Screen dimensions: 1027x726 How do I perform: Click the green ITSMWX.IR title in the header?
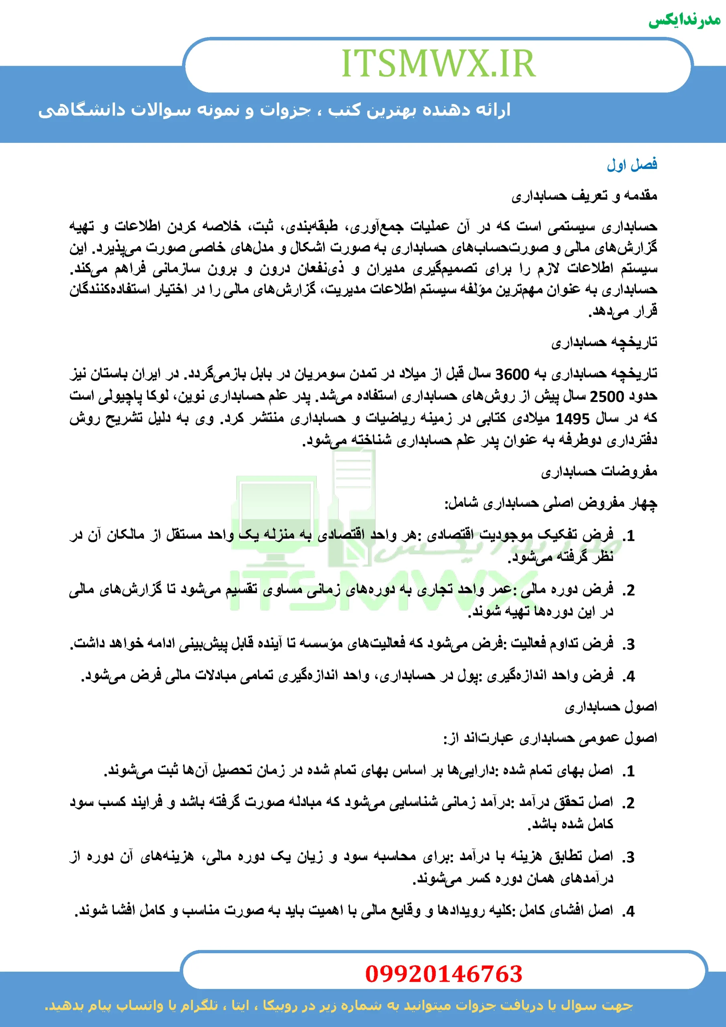click(x=438, y=63)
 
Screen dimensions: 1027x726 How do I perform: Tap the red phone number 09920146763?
click(x=443, y=974)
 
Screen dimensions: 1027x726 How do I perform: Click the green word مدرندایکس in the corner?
click(x=684, y=20)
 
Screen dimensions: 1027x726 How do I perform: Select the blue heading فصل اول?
click(x=632, y=164)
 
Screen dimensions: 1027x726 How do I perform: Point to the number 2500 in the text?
click(x=607, y=396)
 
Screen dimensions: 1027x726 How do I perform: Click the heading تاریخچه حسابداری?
click(x=604, y=342)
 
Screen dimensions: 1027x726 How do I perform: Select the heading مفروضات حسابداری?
click(x=599, y=471)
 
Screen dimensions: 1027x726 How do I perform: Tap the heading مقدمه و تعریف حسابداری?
click(x=584, y=195)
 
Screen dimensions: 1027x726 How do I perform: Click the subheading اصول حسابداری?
click(x=611, y=707)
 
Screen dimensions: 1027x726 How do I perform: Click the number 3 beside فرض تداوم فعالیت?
click(x=630, y=645)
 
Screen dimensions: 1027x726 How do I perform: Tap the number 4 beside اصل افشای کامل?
click(x=630, y=911)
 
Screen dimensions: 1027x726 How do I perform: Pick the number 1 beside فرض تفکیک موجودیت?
click(x=630, y=536)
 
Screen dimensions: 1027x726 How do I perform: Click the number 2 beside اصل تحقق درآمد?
click(x=630, y=803)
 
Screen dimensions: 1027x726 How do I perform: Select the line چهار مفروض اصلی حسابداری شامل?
click(x=550, y=503)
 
